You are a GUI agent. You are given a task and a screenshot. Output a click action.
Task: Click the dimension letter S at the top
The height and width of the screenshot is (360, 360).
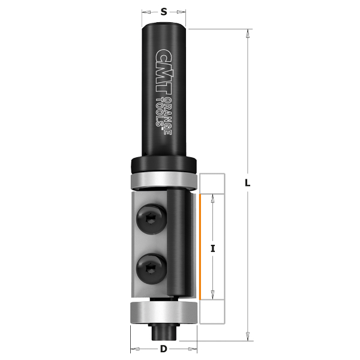point(164,11)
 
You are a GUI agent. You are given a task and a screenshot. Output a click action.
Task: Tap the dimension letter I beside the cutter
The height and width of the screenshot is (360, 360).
point(214,247)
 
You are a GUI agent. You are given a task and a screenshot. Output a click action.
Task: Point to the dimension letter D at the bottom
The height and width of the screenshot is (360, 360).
point(163,349)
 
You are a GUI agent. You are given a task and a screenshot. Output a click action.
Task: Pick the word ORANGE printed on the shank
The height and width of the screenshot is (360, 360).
point(169,113)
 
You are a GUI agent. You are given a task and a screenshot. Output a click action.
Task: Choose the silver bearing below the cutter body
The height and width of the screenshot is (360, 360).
point(163,313)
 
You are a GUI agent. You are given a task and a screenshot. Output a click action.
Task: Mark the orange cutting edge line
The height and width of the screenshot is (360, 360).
point(199,247)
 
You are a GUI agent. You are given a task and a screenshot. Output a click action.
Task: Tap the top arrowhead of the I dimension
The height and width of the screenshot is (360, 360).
point(214,198)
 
